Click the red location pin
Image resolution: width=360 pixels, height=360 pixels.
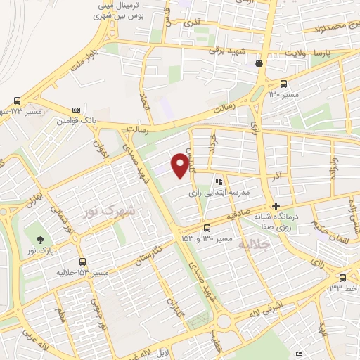[x=181, y=165]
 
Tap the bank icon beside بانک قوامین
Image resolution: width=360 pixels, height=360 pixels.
[x=75, y=110]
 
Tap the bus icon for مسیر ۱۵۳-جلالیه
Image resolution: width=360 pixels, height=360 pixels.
[x=82, y=262]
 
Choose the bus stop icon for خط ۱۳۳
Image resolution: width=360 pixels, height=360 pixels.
[x=342, y=277]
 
